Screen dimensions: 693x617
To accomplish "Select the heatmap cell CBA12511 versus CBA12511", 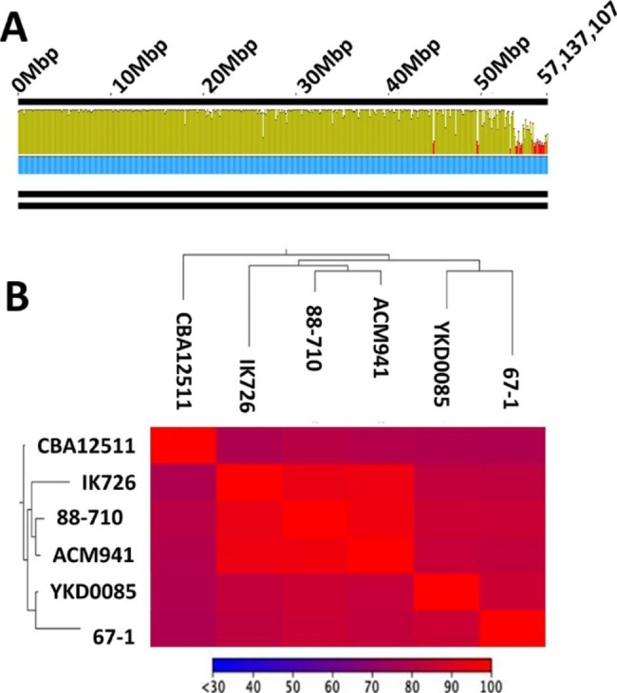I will [183, 443].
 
